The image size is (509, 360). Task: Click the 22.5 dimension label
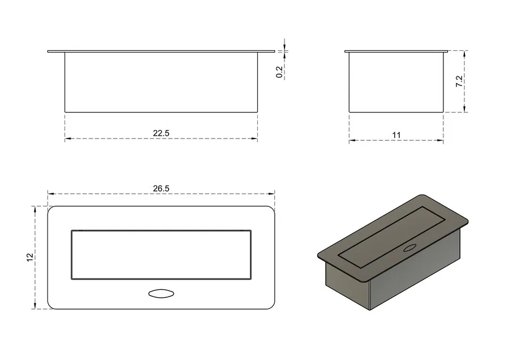coord(161,133)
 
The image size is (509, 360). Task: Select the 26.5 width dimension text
coord(161,188)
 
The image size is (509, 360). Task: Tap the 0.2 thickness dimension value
coord(279,72)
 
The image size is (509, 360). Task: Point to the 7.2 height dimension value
coord(459,81)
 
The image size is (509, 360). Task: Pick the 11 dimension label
coord(396,135)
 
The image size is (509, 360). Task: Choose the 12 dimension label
coord(29,257)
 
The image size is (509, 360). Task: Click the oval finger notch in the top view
coord(161,294)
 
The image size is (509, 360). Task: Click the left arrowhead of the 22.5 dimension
coord(67,139)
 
